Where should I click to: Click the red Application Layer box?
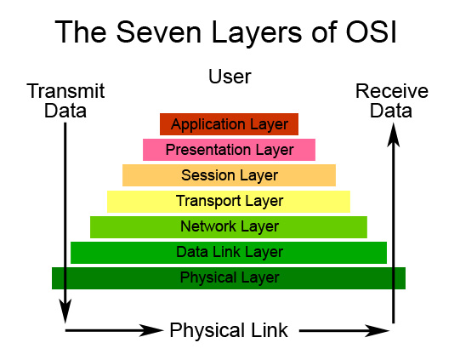[x=229, y=124]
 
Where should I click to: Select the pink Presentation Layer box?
[x=229, y=150]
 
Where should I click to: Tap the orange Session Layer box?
[x=229, y=175]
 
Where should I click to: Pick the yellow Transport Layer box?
[x=229, y=201]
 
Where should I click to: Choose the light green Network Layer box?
[x=229, y=226]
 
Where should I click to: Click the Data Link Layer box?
[x=229, y=252]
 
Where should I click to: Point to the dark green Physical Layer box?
[x=229, y=277]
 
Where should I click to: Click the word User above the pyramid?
[x=230, y=77]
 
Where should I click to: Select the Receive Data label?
[x=392, y=100]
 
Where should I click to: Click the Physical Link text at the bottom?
[x=229, y=330]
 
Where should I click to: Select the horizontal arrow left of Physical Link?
[x=115, y=329]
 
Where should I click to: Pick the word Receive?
[x=392, y=91]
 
